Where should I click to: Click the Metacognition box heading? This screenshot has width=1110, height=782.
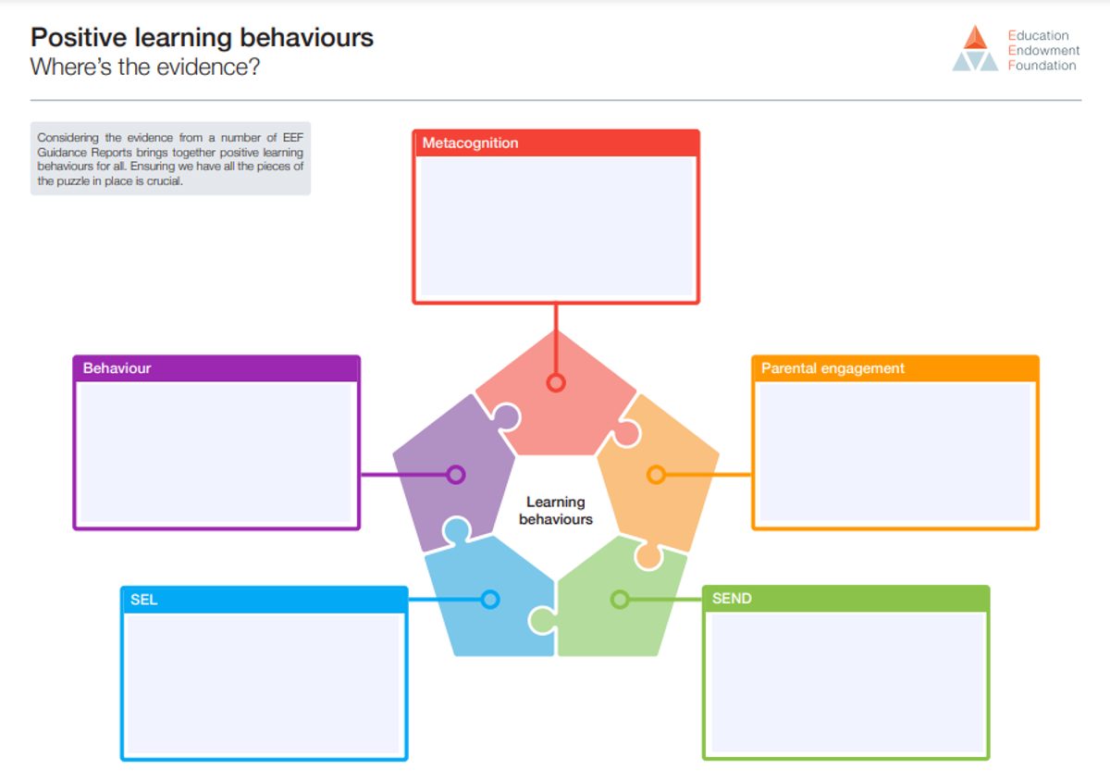(x=470, y=143)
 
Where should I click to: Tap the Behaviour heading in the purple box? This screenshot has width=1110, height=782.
(x=117, y=368)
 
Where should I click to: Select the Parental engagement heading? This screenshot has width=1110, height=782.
(x=832, y=368)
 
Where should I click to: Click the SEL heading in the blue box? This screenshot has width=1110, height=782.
(x=143, y=600)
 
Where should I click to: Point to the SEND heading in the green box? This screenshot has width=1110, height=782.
(x=732, y=599)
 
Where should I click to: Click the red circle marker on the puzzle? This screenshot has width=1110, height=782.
(x=556, y=383)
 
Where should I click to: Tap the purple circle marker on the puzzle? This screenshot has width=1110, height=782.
(x=455, y=475)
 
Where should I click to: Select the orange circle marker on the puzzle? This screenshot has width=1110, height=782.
(x=656, y=475)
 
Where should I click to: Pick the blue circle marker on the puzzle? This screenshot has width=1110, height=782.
(x=490, y=600)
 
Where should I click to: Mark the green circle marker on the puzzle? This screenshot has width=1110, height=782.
(x=620, y=600)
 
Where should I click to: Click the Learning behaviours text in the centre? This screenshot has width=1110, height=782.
(x=556, y=510)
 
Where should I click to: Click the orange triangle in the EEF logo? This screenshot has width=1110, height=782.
(x=975, y=38)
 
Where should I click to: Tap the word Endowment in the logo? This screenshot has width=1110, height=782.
(x=1043, y=51)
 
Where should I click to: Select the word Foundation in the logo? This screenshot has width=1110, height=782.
(x=1042, y=66)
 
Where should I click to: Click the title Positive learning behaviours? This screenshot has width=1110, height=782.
(x=202, y=38)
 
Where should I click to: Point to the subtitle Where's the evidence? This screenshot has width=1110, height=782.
(x=144, y=67)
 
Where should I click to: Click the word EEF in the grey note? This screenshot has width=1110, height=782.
(x=293, y=137)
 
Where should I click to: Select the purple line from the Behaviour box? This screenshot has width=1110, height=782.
(x=404, y=475)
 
